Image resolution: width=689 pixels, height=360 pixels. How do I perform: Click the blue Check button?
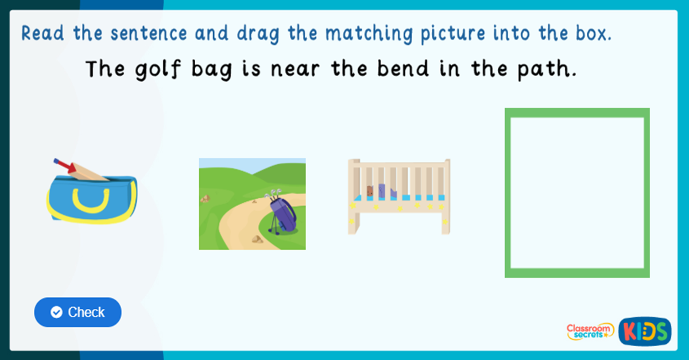click(78, 312)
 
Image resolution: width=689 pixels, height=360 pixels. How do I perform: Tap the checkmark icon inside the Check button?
click(56, 312)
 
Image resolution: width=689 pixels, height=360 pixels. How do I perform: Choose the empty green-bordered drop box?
click(577, 193)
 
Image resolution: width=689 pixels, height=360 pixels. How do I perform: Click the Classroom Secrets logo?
click(590, 331)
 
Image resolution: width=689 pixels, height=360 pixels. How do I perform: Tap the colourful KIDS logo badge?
click(645, 331)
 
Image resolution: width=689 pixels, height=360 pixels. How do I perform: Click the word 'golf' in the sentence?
click(152, 70)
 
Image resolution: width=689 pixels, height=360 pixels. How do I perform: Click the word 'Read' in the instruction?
click(44, 34)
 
